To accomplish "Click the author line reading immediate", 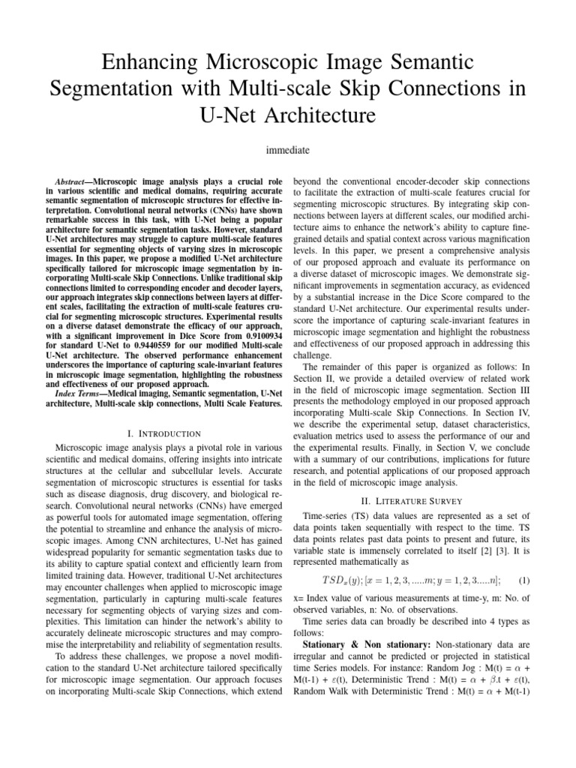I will [x=288, y=150].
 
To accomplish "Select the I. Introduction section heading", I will [x=164, y=433].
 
